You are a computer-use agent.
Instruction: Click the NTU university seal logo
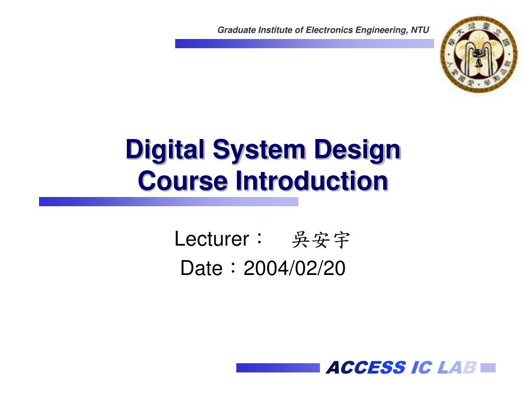click(x=479, y=54)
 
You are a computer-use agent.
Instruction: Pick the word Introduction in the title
click(x=311, y=181)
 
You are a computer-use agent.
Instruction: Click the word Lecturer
click(x=212, y=239)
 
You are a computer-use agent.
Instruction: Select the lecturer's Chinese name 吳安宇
click(x=321, y=240)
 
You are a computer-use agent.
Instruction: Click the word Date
click(x=201, y=268)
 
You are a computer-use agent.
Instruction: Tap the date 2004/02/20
click(x=294, y=268)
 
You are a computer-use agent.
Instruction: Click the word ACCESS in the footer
click(x=366, y=367)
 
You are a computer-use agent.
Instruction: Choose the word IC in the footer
click(x=421, y=367)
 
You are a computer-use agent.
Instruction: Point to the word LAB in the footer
click(x=457, y=367)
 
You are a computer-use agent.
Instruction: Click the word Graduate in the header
click(x=235, y=30)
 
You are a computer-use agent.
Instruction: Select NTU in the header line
click(x=420, y=30)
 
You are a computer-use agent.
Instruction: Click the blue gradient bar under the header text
click(x=304, y=44)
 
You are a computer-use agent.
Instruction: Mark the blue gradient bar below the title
click(x=168, y=202)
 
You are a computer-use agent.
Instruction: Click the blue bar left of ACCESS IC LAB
click(x=277, y=368)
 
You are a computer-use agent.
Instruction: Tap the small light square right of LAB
click(x=488, y=368)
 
